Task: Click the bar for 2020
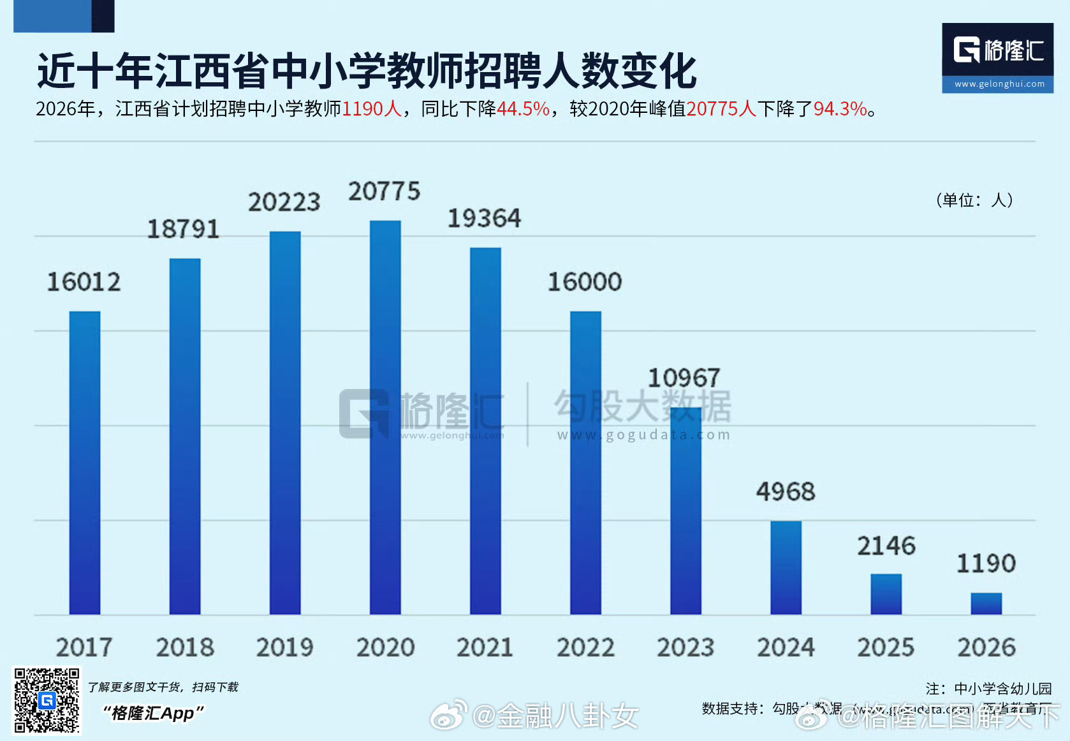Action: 385,418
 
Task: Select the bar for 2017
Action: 85,463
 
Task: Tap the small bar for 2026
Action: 986,603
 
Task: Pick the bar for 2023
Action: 685,511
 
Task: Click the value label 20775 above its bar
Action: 384,191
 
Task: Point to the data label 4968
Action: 786,492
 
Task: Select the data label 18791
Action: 183,229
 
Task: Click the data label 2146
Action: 886,546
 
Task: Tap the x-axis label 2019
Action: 285,647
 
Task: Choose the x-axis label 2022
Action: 585,647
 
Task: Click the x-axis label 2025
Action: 886,647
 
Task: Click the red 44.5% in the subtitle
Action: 523,109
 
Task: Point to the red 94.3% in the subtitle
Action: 840,109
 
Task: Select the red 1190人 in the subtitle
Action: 372,109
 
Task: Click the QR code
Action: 47,700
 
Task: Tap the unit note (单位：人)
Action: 974,200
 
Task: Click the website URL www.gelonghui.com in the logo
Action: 999,84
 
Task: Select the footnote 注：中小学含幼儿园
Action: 988,689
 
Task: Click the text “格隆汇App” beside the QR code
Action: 154,713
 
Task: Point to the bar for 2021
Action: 485,431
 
